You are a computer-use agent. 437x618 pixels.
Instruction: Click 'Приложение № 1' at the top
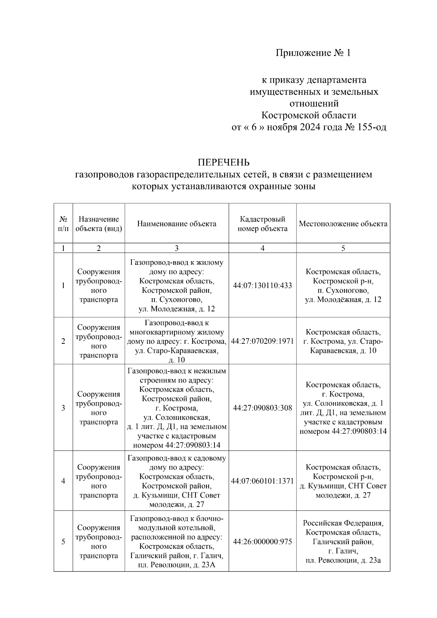point(313,53)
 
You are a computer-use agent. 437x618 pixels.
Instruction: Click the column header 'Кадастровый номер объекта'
point(262,224)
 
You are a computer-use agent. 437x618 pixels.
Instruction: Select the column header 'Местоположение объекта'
point(343,224)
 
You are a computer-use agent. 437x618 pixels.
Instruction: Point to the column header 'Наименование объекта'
point(177,224)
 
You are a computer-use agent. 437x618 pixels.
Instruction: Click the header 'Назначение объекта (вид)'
point(99,224)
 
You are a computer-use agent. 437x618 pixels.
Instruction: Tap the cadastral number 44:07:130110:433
point(262,286)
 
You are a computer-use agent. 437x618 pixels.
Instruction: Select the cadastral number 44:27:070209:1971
point(262,341)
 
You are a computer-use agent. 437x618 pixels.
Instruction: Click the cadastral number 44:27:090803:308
point(262,408)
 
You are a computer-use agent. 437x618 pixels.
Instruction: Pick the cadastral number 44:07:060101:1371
point(262,481)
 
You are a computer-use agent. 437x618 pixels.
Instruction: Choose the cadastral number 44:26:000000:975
point(262,542)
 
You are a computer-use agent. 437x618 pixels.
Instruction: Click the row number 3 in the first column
point(63,408)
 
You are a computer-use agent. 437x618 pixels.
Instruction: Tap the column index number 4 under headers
point(262,248)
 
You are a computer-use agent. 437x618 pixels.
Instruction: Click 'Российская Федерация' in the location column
point(343,523)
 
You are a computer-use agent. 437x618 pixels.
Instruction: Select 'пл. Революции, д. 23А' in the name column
point(177,565)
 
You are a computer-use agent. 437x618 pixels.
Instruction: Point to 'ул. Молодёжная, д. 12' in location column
point(343,300)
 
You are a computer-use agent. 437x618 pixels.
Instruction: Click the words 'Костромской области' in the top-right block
point(309,115)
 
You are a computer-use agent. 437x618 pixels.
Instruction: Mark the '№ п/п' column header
point(63,224)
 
